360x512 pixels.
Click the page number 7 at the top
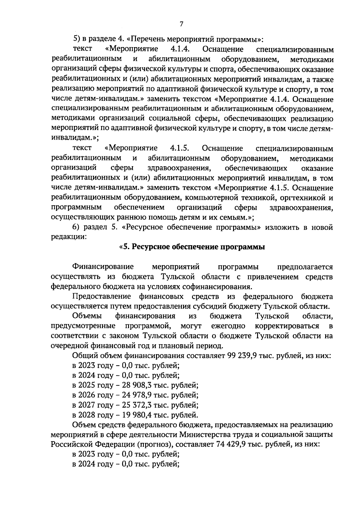pyautogui.click(x=181, y=24)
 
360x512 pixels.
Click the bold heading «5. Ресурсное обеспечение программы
pyautogui.click(x=192, y=247)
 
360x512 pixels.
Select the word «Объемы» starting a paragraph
pyautogui.click(x=87, y=316)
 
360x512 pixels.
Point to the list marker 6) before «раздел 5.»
pyautogui.click(x=77, y=227)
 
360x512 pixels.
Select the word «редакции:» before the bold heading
pyautogui.click(x=69, y=237)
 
